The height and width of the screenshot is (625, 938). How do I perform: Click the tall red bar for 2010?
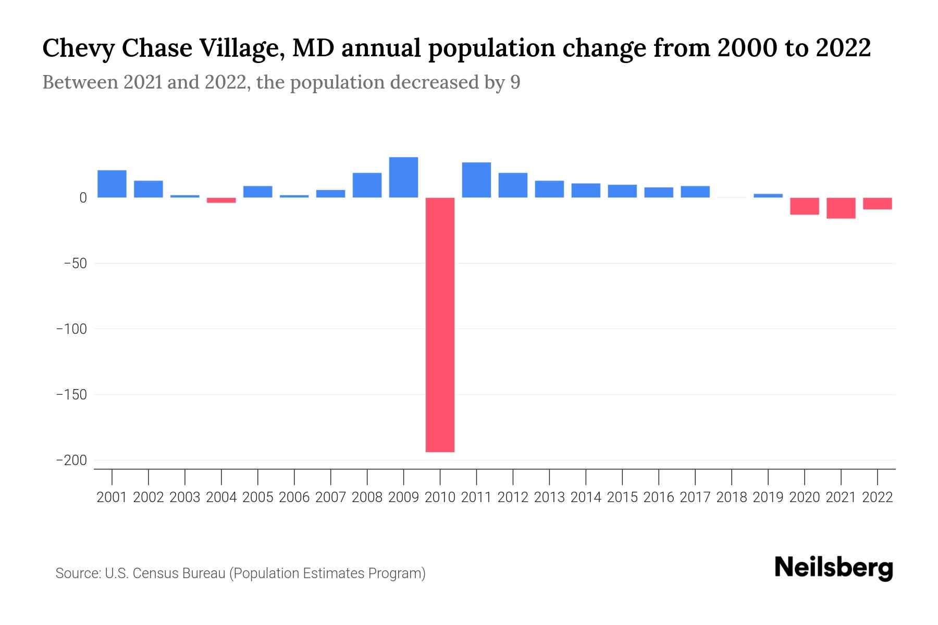click(x=440, y=324)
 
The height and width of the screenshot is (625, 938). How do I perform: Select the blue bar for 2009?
click(x=403, y=178)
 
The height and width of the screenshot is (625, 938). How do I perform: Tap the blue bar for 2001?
click(x=112, y=184)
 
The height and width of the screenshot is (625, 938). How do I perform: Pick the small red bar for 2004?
click(x=221, y=200)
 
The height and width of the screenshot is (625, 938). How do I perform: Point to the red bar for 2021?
click(x=841, y=208)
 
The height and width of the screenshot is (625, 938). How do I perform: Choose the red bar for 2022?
click(x=877, y=204)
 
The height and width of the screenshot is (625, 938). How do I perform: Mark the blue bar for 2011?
click(x=476, y=180)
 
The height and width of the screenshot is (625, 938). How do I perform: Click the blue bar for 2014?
click(x=586, y=191)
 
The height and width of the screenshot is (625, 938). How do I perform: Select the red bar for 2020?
click(x=804, y=206)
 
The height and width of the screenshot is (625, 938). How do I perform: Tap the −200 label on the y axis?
click(x=71, y=460)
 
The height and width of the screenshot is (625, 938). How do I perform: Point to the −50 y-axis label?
click(x=75, y=264)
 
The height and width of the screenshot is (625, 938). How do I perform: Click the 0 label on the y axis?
click(x=83, y=198)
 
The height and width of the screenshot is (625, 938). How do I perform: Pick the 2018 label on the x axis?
click(x=732, y=497)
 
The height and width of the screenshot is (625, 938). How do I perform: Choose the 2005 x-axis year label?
click(x=258, y=497)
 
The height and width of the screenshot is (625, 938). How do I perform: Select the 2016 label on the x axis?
click(x=659, y=497)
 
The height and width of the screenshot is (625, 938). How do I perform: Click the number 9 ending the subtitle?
click(x=515, y=82)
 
